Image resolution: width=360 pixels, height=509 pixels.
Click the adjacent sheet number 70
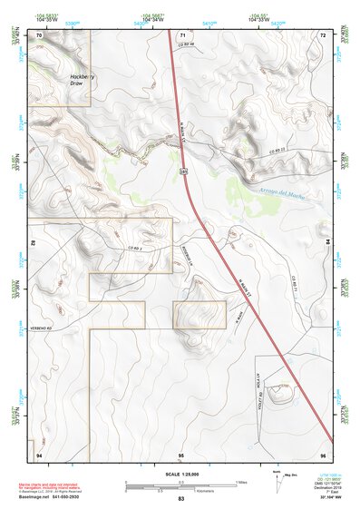pos(39,34)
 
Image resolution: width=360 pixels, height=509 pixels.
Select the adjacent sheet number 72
pos(323,34)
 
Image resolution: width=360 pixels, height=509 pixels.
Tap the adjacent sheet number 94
pos(39,453)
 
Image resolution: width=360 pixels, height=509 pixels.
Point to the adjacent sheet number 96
pos(323,453)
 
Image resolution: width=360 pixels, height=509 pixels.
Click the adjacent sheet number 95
pos(181,453)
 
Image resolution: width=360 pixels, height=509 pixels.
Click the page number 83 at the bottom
pos(180,499)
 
